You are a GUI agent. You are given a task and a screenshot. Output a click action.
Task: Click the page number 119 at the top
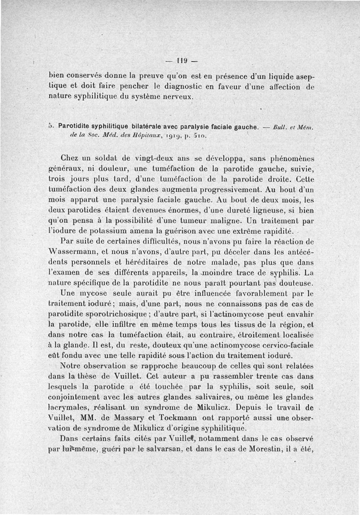pyautogui.click(x=182, y=60)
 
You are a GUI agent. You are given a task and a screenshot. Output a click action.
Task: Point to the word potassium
pyautogui.click(x=94, y=230)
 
